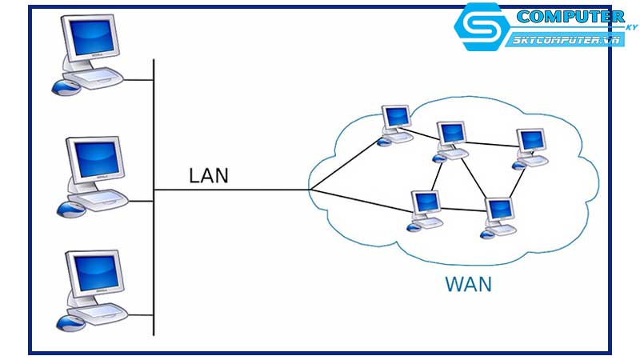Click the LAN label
pyautogui.click(x=208, y=176)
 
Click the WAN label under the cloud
pyautogui.click(x=467, y=284)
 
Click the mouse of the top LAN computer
pyautogui.click(x=64, y=85)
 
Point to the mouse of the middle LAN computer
pyautogui.click(x=68, y=209)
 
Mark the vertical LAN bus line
pyautogui.click(x=153, y=240)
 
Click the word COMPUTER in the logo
pyautogui.click(x=570, y=17)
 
